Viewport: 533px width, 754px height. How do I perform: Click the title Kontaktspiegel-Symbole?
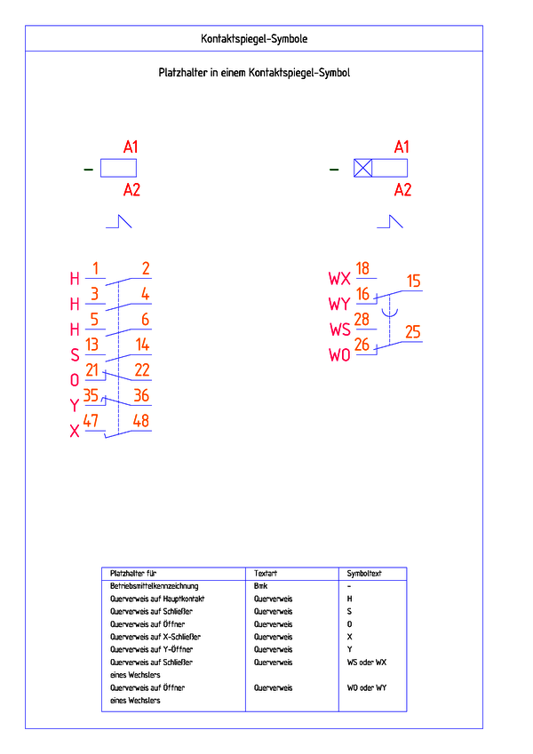pos(254,39)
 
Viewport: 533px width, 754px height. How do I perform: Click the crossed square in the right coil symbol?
pos(362,169)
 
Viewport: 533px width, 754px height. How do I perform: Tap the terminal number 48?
pos(141,421)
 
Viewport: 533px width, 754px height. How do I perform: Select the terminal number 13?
pos(91,345)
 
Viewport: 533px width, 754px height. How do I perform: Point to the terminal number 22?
pos(142,369)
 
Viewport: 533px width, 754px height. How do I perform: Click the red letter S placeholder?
pos(75,355)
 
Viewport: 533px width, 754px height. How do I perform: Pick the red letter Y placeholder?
pos(74,405)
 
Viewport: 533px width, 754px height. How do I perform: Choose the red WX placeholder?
pos(339,279)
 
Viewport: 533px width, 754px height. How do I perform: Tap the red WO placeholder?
pos(339,355)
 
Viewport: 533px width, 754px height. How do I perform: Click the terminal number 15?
pos(413,281)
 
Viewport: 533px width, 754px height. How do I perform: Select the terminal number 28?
pos(362,320)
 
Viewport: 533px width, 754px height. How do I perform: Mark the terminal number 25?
pos(413,332)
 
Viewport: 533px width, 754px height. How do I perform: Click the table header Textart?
pos(266,573)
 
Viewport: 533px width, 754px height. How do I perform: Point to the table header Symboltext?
pos(364,573)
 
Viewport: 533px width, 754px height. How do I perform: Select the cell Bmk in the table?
pos(261,585)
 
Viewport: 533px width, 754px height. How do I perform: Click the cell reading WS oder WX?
pos(367,663)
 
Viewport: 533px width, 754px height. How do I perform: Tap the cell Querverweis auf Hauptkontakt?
pos(157,599)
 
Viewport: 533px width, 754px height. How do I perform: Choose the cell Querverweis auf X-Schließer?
pos(155,637)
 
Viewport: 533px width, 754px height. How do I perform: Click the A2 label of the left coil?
pos(131,190)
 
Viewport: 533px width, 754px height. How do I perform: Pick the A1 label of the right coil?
pos(402,147)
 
